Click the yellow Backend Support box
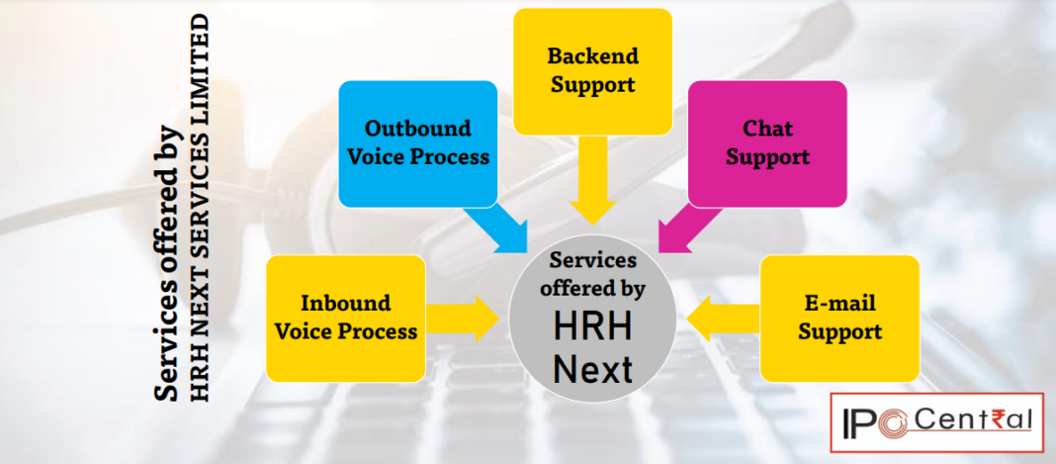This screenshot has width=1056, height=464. point(592,70)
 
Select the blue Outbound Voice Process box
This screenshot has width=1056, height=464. point(417,143)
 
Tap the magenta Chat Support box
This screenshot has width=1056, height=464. point(767,143)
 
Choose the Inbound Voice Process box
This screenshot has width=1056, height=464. point(345,318)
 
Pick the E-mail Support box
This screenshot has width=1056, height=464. point(839,318)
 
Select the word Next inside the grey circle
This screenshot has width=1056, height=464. point(592,369)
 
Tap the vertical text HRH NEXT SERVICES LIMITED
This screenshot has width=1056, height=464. point(201,208)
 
